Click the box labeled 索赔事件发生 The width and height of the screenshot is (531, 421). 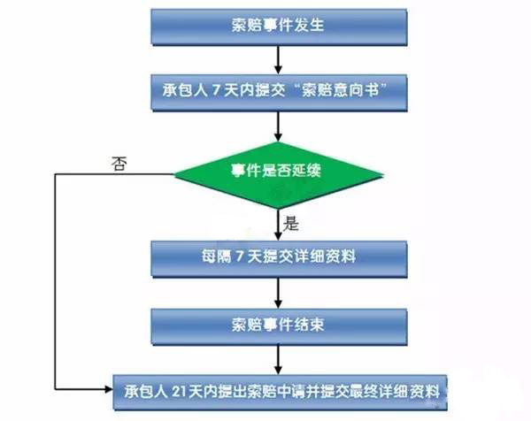pos(280,26)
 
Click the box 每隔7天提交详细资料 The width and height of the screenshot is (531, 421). pos(280,257)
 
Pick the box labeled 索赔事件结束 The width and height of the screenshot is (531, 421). pos(280,323)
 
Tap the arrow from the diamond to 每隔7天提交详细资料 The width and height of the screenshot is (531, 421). pos(280,225)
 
